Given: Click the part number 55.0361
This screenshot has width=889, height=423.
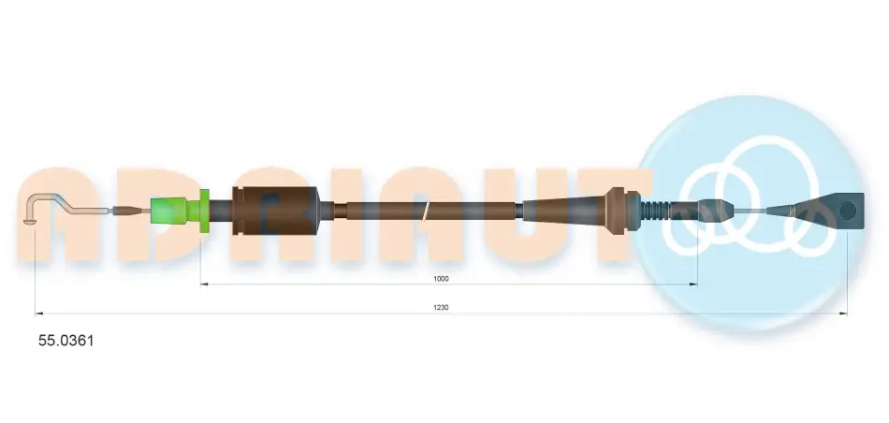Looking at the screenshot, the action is [66, 341].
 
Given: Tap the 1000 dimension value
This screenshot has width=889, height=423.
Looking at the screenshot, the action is [441, 278].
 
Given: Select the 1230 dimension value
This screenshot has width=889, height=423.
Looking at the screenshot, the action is [441, 307].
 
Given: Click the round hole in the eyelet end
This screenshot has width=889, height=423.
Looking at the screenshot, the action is [847, 211].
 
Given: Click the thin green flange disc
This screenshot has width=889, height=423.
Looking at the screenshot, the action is [205, 211].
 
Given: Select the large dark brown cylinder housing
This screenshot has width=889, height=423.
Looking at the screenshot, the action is [275, 211].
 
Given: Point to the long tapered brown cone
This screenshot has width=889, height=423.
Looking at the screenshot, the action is [564, 210].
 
